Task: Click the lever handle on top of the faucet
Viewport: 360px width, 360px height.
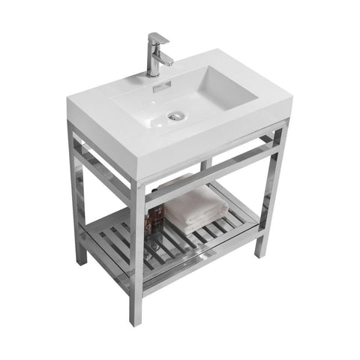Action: [x=158, y=39]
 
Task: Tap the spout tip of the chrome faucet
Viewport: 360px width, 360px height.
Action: [x=168, y=61]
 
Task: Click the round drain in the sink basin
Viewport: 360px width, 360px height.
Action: [x=177, y=115]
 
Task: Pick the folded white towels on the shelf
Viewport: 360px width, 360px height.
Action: [x=192, y=209]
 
